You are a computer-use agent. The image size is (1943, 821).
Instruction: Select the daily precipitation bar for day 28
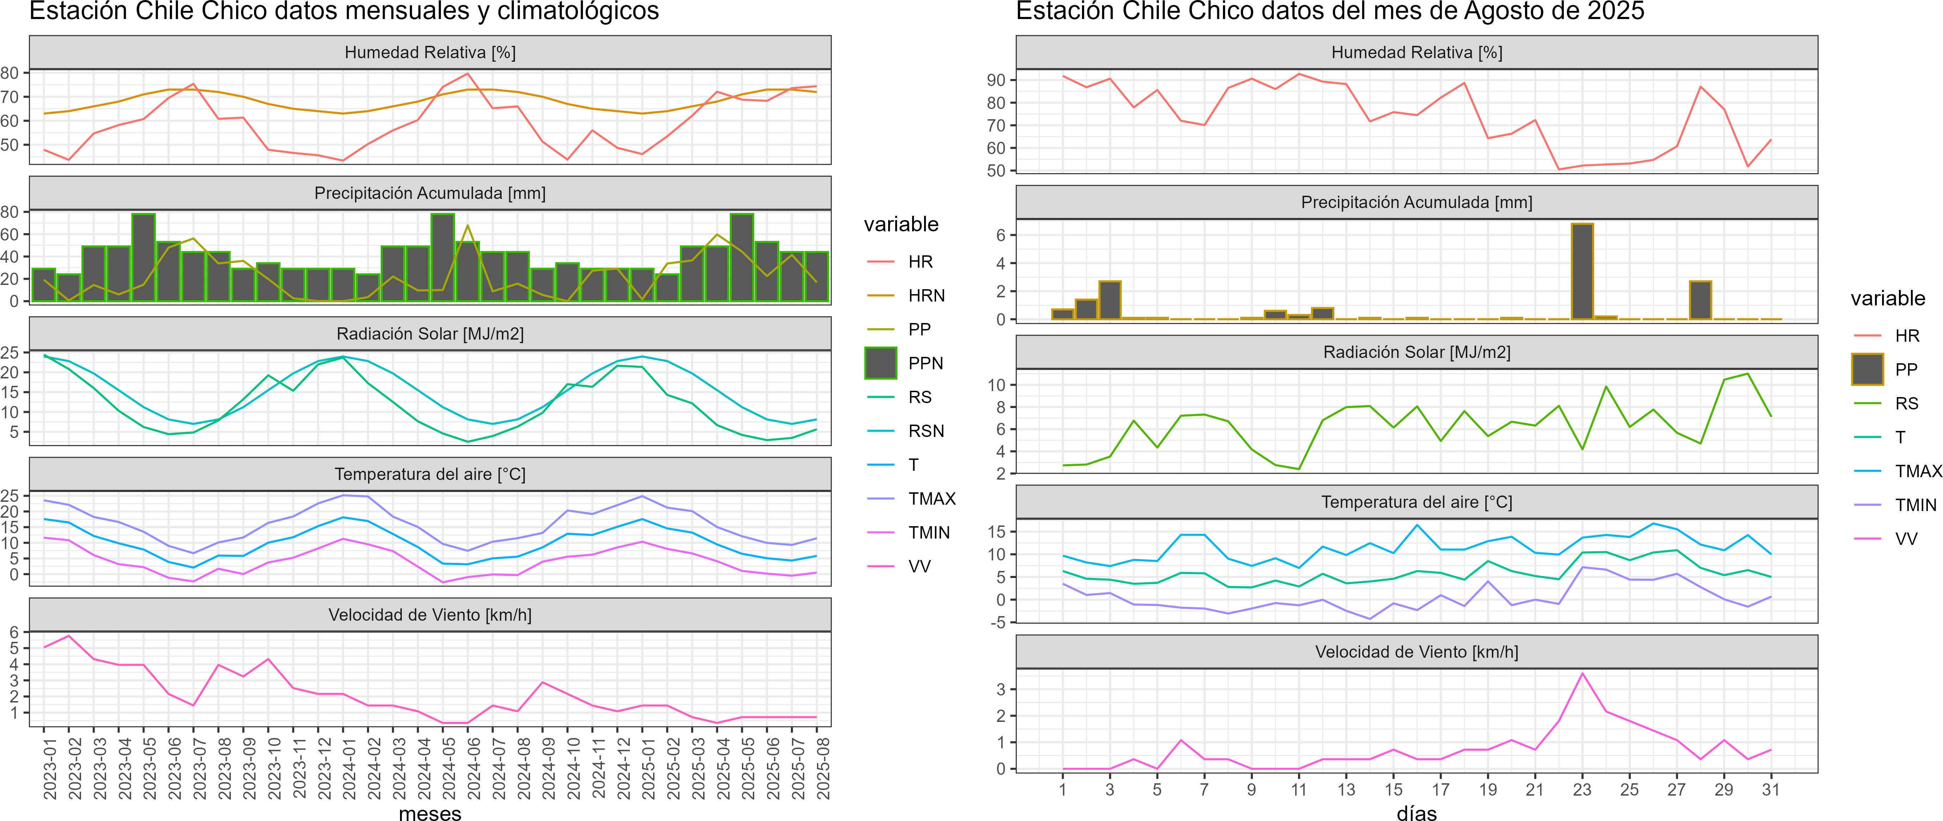click(1700, 300)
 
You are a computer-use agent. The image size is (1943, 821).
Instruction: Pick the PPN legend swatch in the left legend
click(880, 363)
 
